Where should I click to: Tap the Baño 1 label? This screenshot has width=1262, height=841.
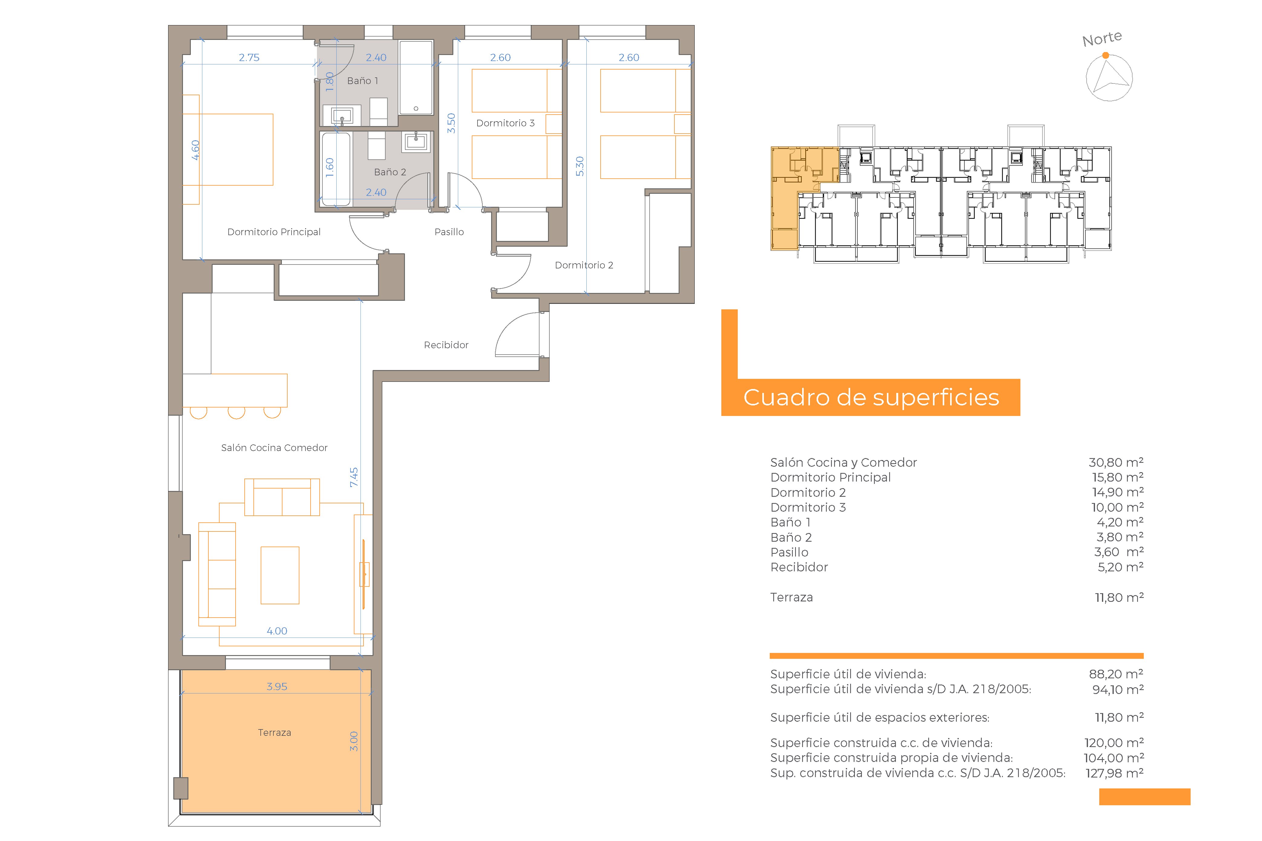click(362, 80)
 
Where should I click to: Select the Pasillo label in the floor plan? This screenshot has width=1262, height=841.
click(449, 232)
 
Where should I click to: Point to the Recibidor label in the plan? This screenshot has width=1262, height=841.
click(446, 345)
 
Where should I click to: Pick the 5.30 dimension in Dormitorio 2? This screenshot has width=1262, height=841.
click(579, 166)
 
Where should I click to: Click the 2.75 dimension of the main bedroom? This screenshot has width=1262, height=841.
click(249, 57)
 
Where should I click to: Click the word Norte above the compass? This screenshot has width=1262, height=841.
click(1102, 39)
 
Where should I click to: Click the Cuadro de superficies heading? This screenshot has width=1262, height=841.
click(871, 398)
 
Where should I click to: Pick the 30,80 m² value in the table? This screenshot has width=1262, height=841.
click(1116, 462)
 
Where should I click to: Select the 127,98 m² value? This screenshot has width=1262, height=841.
click(1114, 773)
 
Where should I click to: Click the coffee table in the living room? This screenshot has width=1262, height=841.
click(279, 575)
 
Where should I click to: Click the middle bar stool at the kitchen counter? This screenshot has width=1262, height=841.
click(236, 412)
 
